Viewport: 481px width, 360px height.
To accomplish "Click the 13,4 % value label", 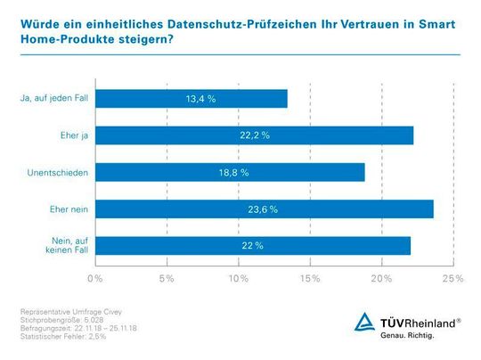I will tap(200, 98).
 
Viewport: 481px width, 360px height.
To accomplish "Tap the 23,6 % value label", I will tap(261, 209).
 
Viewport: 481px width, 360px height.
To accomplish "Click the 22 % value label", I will tap(252, 245).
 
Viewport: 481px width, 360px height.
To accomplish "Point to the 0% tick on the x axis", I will tap(96, 279).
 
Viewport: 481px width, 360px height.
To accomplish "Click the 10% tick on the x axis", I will tap(239, 279).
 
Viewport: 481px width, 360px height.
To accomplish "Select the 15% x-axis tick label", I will tap(310, 279).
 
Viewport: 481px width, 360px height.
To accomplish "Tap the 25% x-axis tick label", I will tap(452, 279).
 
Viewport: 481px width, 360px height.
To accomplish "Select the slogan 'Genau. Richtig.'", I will tap(407, 337).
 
